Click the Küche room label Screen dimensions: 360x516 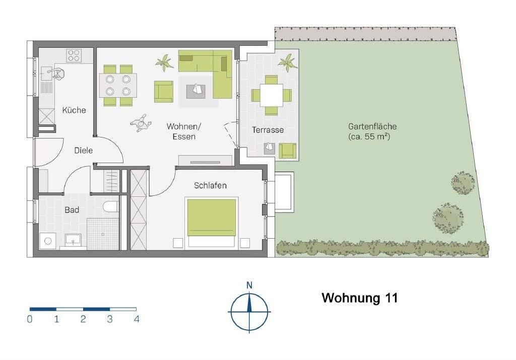(x=74, y=110)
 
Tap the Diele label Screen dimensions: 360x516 (x=83, y=150)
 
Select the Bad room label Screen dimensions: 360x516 (x=72, y=209)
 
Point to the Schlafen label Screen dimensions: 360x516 (x=210, y=185)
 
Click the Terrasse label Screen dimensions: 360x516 (x=268, y=130)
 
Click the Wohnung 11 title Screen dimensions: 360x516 (x=360, y=298)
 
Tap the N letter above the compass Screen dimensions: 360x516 (x=249, y=285)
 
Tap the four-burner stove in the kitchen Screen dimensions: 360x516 (x=74, y=55)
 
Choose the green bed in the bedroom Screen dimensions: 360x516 (x=212, y=218)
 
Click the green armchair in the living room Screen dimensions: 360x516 (x=163, y=91)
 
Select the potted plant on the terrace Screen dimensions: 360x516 (x=288, y=62)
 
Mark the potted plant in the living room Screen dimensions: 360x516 (x=165, y=63)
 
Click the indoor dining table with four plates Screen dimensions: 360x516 (x=118, y=85)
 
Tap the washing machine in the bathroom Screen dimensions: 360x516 (x=48, y=241)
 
